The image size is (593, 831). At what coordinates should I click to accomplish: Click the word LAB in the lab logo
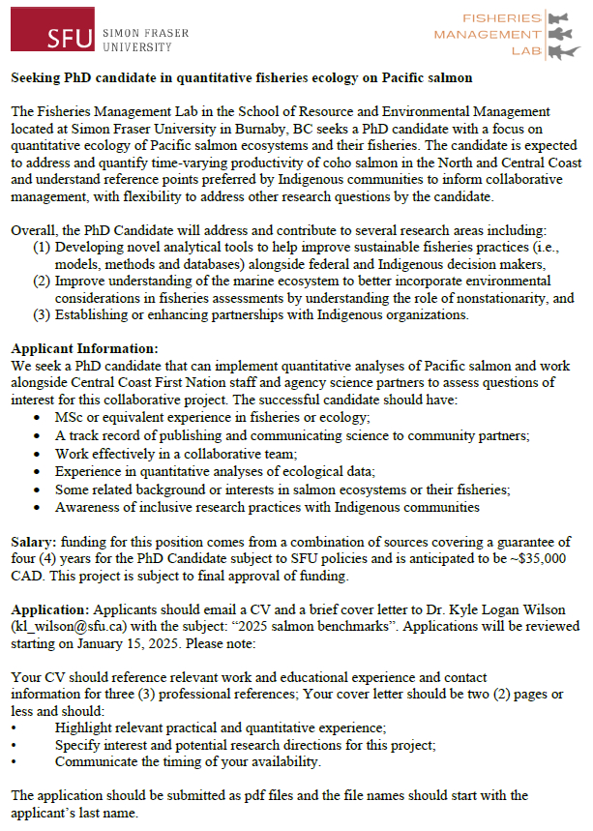click(526, 49)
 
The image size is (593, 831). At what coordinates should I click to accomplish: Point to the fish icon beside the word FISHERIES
click(558, 18)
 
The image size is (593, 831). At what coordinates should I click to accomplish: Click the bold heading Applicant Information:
click(85, 348)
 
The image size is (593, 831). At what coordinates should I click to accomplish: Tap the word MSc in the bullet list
click(70, 416)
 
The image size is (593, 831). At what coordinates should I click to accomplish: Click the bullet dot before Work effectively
click(37, 453)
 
